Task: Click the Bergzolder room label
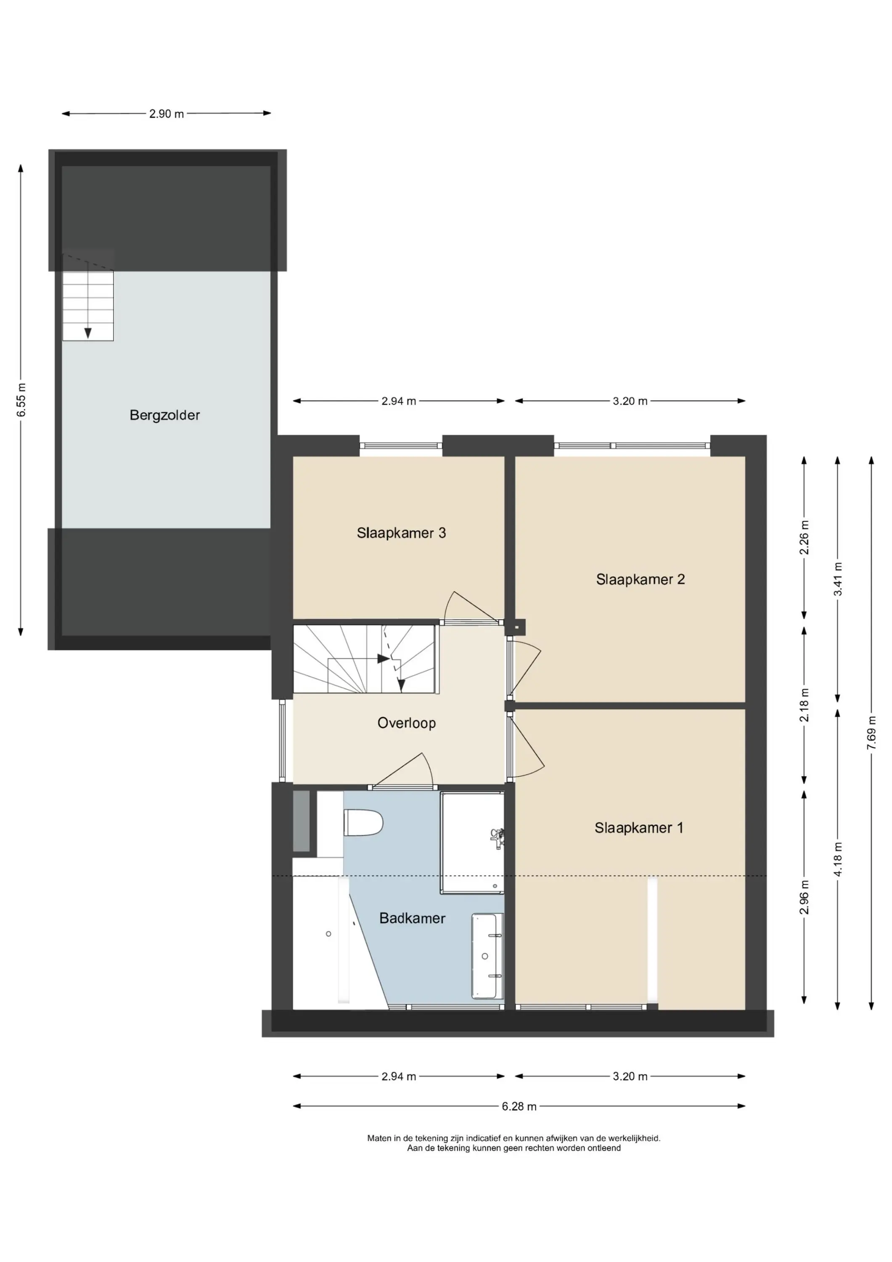click(164, 416)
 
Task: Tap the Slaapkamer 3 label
click(401, 533)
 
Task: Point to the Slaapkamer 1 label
click(639, 828)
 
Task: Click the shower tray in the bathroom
click(472, 843)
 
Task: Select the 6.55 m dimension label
click(21, 400)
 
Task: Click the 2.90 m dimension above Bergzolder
click(167, 114)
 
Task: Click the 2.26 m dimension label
click(804, 538)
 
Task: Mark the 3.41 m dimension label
click(838, 579)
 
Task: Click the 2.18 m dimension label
click(804, 705)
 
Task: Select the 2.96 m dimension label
click(804, 898)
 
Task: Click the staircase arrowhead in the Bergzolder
click(87, 333)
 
